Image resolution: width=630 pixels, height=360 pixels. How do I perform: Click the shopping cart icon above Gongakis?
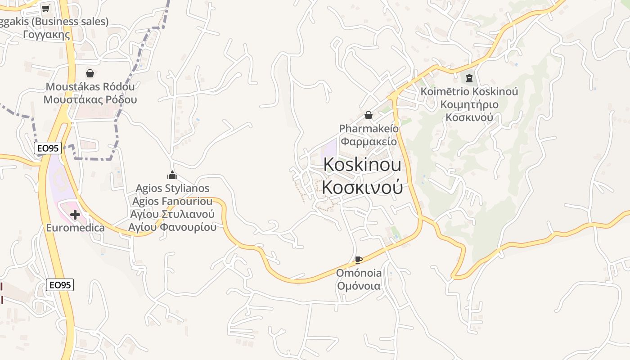(x=45, y=8)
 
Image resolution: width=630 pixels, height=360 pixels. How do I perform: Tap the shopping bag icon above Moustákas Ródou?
(x=90, y=73)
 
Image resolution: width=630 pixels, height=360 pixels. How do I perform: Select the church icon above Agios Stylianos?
(x=172, y=175)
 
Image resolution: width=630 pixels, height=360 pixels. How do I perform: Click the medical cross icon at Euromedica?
(x=75, y=215)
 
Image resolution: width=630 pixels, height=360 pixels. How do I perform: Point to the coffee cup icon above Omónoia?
(x=358, y=260)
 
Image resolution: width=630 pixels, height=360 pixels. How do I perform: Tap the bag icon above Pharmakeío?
(x=369, y=115)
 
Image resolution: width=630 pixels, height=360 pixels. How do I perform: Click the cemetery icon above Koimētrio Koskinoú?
(x=469, y=78)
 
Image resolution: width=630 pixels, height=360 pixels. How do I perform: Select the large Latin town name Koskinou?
(x=362, y=165)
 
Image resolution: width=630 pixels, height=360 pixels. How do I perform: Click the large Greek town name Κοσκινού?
(x=362, y=188)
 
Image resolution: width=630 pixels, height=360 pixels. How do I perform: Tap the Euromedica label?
(x=75, y=228)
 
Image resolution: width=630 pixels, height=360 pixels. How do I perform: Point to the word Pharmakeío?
(x=369, y=129)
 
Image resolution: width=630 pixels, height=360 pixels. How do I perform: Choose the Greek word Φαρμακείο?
(x=369, y=141)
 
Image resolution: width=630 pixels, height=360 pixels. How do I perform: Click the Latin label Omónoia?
(x=359, y=273)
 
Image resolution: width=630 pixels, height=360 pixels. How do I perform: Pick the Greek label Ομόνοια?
(x=359, y=286)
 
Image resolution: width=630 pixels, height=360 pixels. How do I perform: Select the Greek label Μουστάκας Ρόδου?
(x=90, y=99)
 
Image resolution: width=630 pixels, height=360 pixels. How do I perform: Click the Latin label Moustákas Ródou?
(x=90, y=86)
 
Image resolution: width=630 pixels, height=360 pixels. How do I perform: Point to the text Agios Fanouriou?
(x=172, y=201)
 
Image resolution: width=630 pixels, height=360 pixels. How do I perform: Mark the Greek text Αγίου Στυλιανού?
(x=172, y=214)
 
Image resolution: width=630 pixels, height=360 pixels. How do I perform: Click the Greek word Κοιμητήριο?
(x=469, y=105)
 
